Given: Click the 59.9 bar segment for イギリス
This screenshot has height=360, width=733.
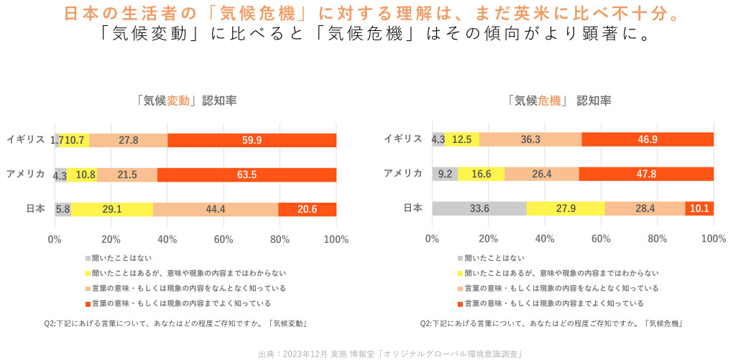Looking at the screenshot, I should [252, 140].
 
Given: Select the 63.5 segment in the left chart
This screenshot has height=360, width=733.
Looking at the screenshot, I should [246, 175].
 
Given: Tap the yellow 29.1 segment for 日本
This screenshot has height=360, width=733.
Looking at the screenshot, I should [112, 209].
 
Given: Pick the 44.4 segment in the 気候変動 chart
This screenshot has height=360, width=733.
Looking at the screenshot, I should [216, 209].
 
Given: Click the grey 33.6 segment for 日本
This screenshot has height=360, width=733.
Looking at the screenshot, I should [479, 209].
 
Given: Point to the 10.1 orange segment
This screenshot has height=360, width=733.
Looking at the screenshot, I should [699, 209].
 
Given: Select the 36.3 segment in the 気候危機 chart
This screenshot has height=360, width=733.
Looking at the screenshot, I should [530, 139].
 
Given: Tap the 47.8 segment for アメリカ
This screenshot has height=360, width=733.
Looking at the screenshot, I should [646, 174].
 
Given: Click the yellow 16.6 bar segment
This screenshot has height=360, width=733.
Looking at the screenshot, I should [481, 174].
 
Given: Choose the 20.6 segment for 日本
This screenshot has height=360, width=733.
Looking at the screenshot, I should [307, 209].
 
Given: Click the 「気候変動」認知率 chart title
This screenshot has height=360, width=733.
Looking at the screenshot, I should [186, 101].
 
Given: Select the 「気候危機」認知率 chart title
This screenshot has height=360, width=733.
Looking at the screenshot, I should [560, 101].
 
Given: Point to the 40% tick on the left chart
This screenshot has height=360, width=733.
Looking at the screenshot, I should [167, 239].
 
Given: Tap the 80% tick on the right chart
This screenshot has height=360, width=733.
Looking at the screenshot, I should [658, 239].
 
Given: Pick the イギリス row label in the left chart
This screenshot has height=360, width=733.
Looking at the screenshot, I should [26, 139].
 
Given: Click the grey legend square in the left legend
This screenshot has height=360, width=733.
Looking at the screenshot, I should [88, 257].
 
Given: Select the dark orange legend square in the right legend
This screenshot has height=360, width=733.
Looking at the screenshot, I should [460, 303].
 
